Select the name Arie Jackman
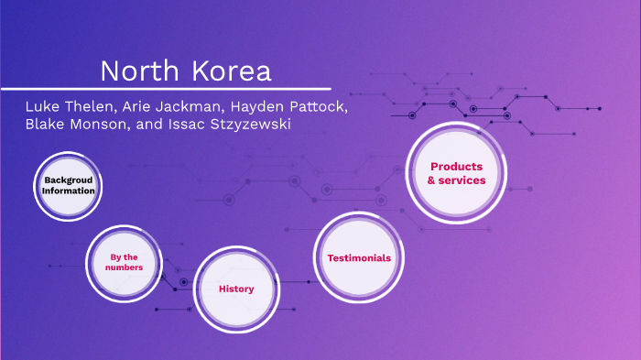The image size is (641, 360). click(164, 107)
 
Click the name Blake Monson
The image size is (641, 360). click(77, 125)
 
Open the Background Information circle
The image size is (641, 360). click(69, 186)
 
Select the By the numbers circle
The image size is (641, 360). click(124, 263)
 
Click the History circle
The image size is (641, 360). click(236, 289)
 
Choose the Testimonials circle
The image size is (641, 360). click(359, 257)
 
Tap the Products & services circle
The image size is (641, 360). click(456, 173)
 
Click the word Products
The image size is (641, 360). click(456, 166)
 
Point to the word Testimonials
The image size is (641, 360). click(359, 257)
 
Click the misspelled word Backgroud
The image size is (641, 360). click(69, 180)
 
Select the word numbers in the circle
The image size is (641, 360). click(124, 268)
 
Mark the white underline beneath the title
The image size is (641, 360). click(165, 88)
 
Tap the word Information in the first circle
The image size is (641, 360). click(69, 191)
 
